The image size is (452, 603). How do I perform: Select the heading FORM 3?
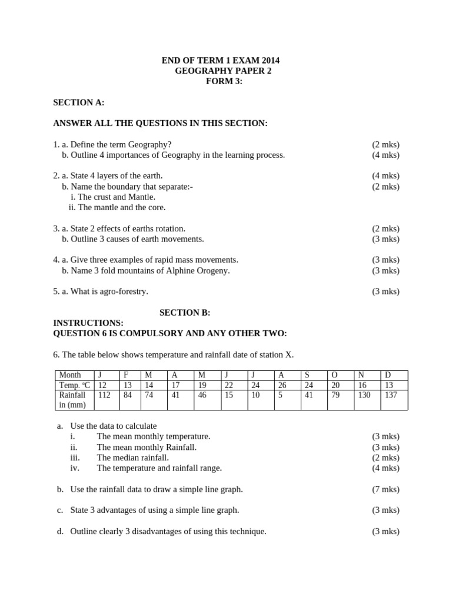pyautogui.click(x=224, y=81)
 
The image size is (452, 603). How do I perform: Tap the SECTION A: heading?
pyautogui.click(x=79, y=102)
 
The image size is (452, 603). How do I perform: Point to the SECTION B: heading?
pyautogui.click(x=185, y=312)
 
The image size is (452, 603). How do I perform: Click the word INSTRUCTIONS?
pyautogui.click(x=88, y=323)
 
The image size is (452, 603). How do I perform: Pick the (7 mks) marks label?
pyautogui.click(x=385, y=489)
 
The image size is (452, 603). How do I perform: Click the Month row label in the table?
pyautogui.click(x=70, y=375)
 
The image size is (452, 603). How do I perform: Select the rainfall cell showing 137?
pyautogui.click(x=391, y=395)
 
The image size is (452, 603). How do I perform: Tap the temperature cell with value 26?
pyautogui.click(x=282, y=385)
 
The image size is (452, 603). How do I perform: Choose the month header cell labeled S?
pyautogui.click(x=307, y=375)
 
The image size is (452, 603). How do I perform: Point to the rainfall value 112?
pyautogui.click(x=104, y=395)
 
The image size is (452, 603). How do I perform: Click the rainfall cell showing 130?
pyautogui.click(x=364, y=395)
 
